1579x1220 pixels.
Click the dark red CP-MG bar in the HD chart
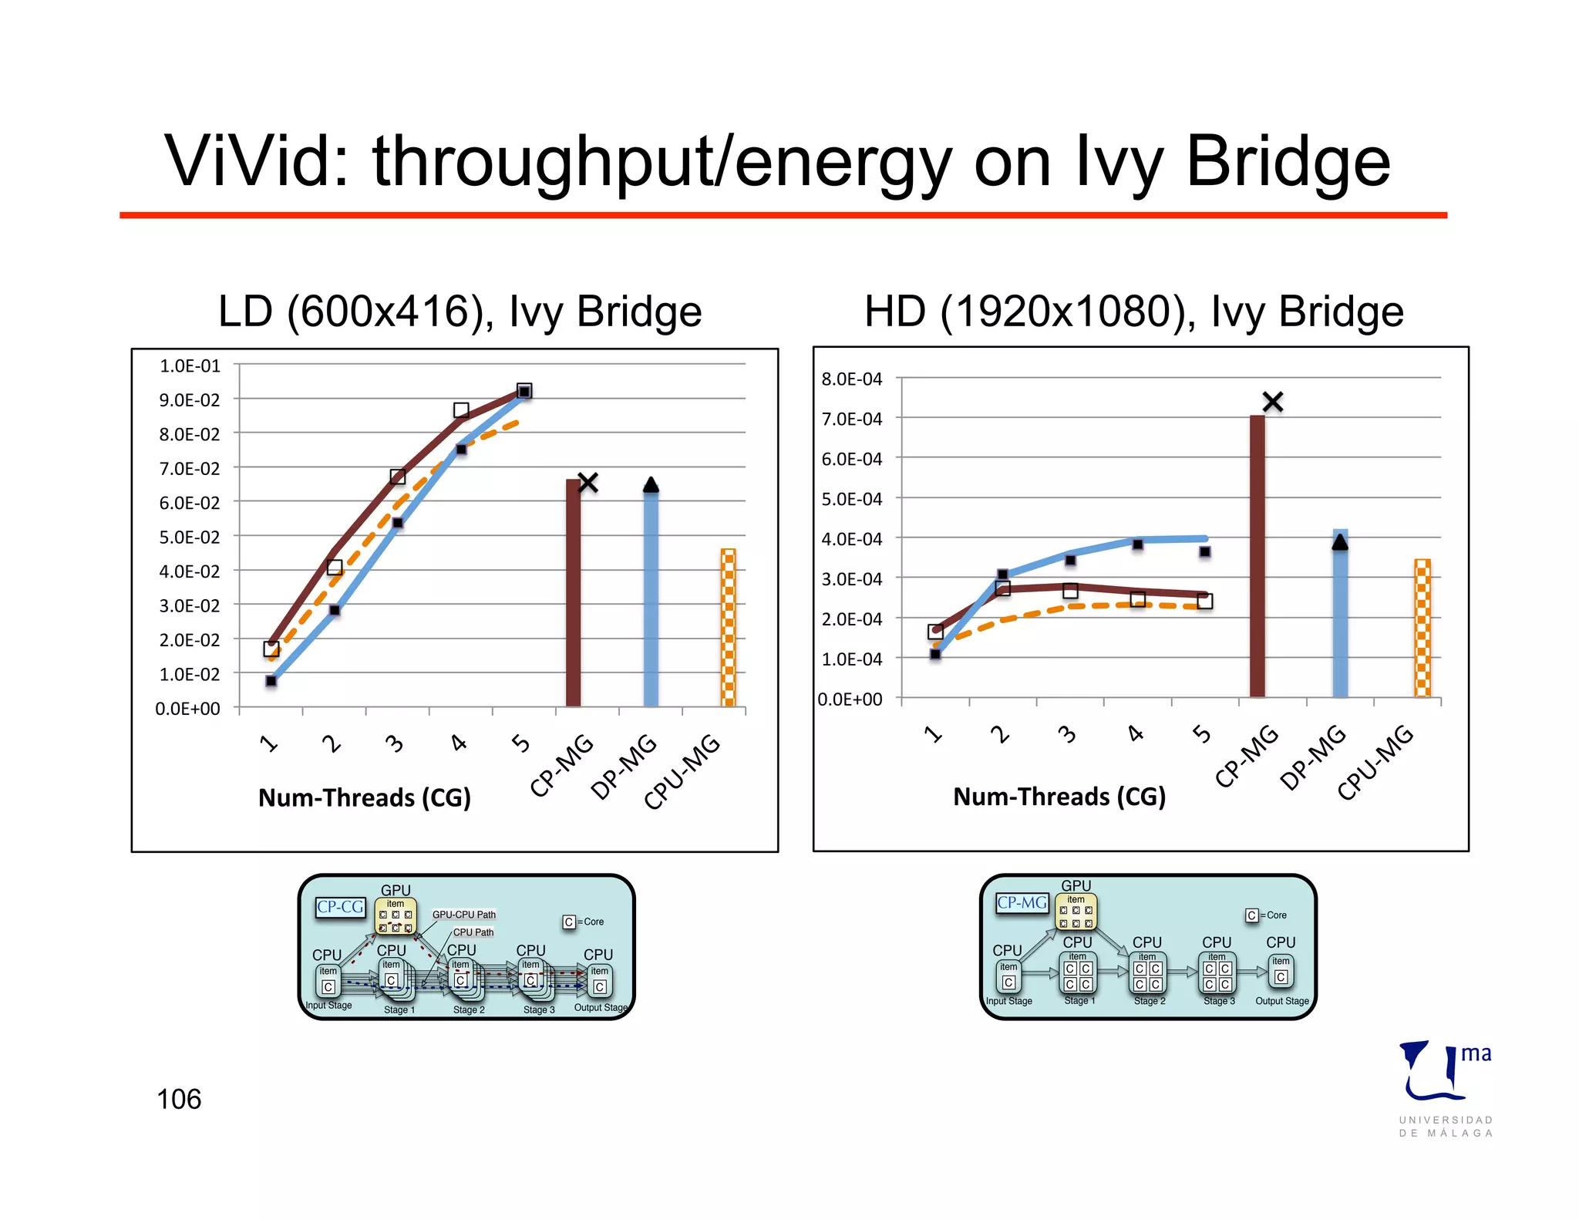(x=1257, y=555)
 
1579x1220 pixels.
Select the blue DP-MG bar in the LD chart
(x=651, y=598)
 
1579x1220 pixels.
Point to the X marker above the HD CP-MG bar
(x=1273, y=402)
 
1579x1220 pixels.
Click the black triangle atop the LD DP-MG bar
(x=651, y=485)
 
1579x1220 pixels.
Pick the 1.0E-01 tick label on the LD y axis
(x=190, y=366)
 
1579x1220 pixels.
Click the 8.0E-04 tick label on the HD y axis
(x=852, y=379)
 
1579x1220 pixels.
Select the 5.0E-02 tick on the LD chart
(x=190, y=537)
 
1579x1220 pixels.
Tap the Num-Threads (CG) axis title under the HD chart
(x=1059, y=796)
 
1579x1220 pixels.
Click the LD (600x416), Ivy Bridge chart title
(x=460, y=311)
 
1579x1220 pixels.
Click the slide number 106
(x=179, y=1099)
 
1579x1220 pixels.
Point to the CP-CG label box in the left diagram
(x=340, y=907)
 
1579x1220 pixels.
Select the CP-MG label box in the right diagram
(x=1022, y=902)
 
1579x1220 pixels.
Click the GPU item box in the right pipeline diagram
(x=1076, y=912)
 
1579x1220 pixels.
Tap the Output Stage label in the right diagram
(x=1281, y=1001)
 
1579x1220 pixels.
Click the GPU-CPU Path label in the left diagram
(x=464, y=915)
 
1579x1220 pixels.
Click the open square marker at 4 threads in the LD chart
(x=461, y=410)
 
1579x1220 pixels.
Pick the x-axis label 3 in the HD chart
(x=1068, y=733)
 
